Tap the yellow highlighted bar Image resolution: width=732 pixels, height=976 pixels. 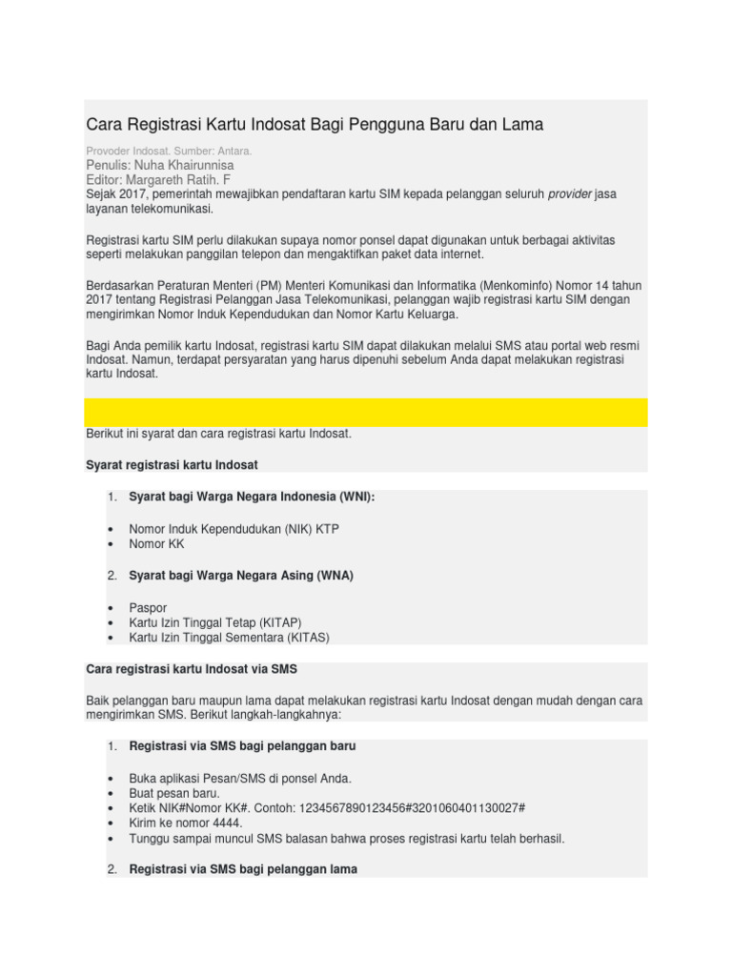366,413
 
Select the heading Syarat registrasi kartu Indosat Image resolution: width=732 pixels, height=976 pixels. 173,464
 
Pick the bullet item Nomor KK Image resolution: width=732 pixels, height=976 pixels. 157,544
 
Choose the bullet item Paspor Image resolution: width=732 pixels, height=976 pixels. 148,607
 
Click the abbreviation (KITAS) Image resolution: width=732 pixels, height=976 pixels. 300,638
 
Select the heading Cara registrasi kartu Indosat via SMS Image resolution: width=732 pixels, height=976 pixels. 193,669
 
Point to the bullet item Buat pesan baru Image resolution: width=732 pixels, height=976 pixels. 174,793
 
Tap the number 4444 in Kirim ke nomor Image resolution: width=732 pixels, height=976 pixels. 225,823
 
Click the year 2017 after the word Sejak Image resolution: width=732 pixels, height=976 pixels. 139,194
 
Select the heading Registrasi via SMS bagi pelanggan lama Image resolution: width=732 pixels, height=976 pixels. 243,870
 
